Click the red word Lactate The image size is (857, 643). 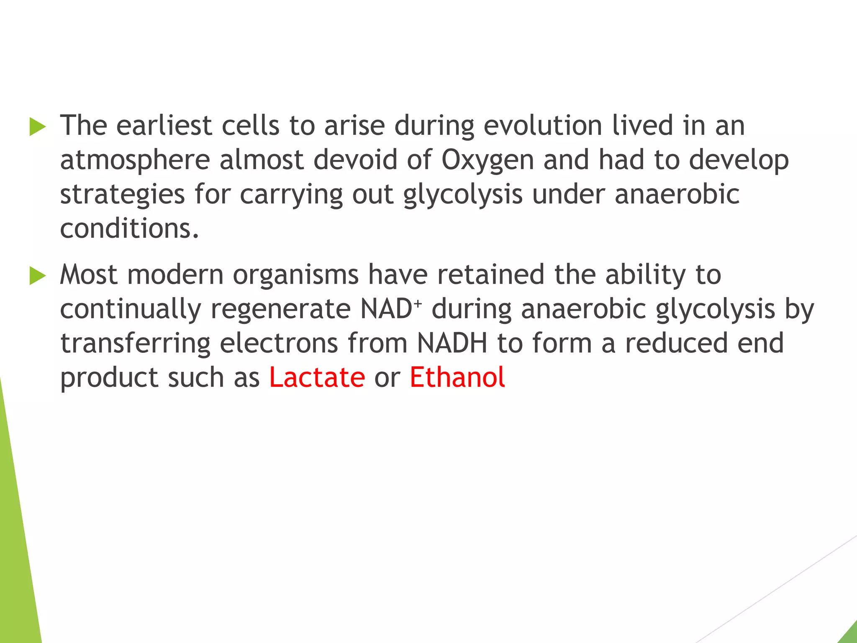pyautogui.click(x=317, y=377)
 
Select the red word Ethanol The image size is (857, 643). pyautogui.click(x=457, y=377)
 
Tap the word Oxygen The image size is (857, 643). pyautogui.click(x=488, y=160)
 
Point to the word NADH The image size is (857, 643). pyautogui.click(x=452, y=343)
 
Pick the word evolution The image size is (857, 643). pyautogui.click(x=543, y=126)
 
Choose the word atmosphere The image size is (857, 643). pyautogui.click(x=135, y=160)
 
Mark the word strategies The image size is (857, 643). pyautogui.click(x=122, y=195)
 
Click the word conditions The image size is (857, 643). pyautogui.click(x=129, y=229)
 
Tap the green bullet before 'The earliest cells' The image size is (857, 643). pyautogui.click(x=37, y=126)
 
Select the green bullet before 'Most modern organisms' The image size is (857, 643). pyautogui.click(x=37, y=276)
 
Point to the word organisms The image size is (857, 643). pyautogui.click(x=295, y=275)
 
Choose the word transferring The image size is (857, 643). pyautogui.click(x=135, y=344)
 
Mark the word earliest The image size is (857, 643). pyautogui.click(x=164, y=126)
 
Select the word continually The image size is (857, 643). pyautogui.click(x=131, y=309)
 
